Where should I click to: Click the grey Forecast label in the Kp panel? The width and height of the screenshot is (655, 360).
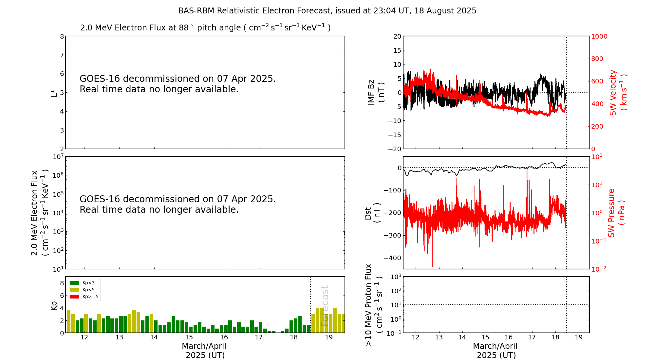coord(325,306)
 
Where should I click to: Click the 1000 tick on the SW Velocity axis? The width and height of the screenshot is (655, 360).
coord(599,36)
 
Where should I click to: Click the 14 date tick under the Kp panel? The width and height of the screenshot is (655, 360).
coord(154,338)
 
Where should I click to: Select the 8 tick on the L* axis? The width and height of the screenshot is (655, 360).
coord(62,36)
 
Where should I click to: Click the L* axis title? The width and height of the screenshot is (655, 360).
coord(54,93)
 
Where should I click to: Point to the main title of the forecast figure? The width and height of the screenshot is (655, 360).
coord(327,11)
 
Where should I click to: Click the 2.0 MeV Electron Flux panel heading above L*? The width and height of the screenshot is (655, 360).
coord(205,28)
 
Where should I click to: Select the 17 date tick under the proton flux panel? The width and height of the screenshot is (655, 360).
coord(532,338)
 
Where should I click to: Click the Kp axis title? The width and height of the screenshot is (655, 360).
coord(54,305)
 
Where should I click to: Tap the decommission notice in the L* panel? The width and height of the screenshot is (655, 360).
coord(178,84)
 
